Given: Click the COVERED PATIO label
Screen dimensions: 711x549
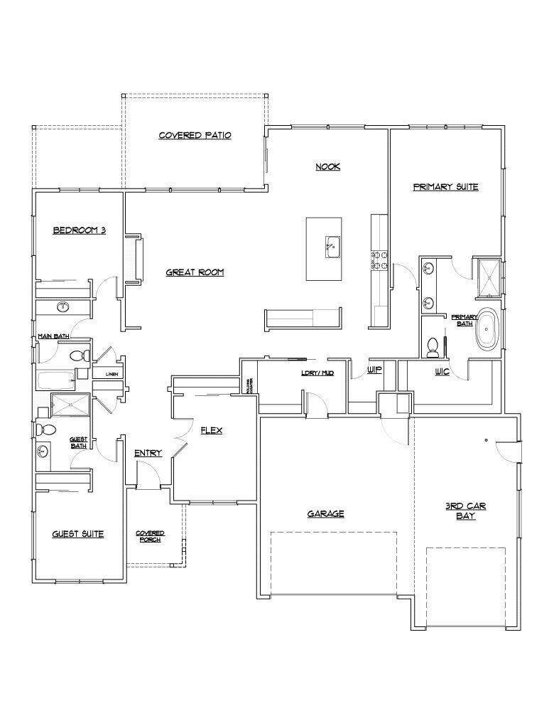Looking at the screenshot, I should [195, 135].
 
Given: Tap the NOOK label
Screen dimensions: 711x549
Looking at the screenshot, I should [328, 166].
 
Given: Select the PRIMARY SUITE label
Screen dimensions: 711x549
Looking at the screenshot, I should [445, 187].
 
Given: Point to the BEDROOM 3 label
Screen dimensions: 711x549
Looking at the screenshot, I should [80, 230].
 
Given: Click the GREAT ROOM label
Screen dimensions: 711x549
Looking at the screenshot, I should [195, 272].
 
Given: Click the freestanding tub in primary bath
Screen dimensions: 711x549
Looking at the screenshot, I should [487, 328].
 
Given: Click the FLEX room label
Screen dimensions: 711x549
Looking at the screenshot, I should [212, 430].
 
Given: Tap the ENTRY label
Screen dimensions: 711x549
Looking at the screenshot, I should [148, 453].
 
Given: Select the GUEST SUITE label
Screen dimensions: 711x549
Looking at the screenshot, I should [78, 533].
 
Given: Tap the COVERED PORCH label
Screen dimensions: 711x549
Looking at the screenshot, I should [150, 536].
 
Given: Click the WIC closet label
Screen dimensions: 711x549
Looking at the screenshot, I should [442, 372].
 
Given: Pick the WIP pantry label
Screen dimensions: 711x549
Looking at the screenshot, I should [374, 370].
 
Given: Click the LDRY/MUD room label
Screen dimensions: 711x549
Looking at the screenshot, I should [317, 373].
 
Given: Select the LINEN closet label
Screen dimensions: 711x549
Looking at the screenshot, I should [112, 373].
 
